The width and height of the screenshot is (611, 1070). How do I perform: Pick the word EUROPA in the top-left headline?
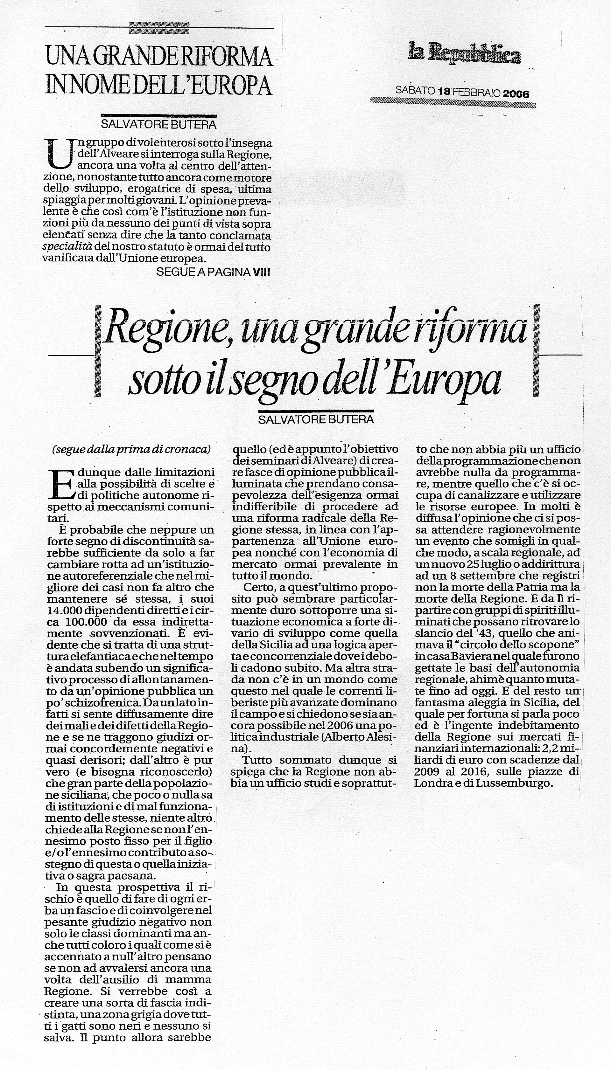(x=234, y=86)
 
